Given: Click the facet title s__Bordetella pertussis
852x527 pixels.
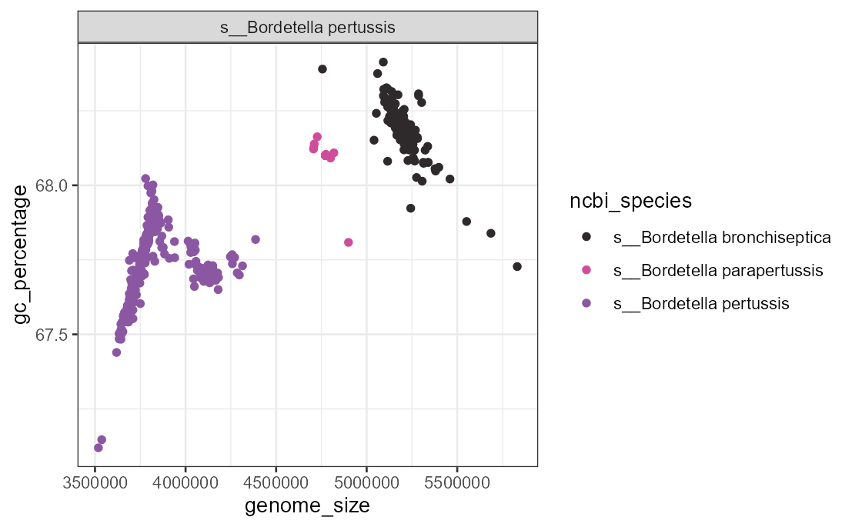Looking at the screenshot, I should coord(307,28).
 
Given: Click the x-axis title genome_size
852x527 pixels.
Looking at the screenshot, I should coord(307,505).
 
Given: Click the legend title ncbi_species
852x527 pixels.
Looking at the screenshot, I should coord(630,202).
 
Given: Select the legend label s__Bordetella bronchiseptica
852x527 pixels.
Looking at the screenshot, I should coord(722,237).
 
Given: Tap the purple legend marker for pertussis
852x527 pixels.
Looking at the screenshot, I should coord(586,303).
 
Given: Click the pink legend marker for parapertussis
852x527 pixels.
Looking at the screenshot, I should coord(586,270).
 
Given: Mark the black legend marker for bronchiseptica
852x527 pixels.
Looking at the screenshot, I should coord(586,237).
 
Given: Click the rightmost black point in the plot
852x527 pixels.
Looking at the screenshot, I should coord(517,266).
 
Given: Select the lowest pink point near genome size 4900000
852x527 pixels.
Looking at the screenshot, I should coord(349,242).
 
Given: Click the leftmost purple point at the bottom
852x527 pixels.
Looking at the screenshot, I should coord(99,448).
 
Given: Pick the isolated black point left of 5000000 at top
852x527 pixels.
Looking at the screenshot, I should coord(322,69).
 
